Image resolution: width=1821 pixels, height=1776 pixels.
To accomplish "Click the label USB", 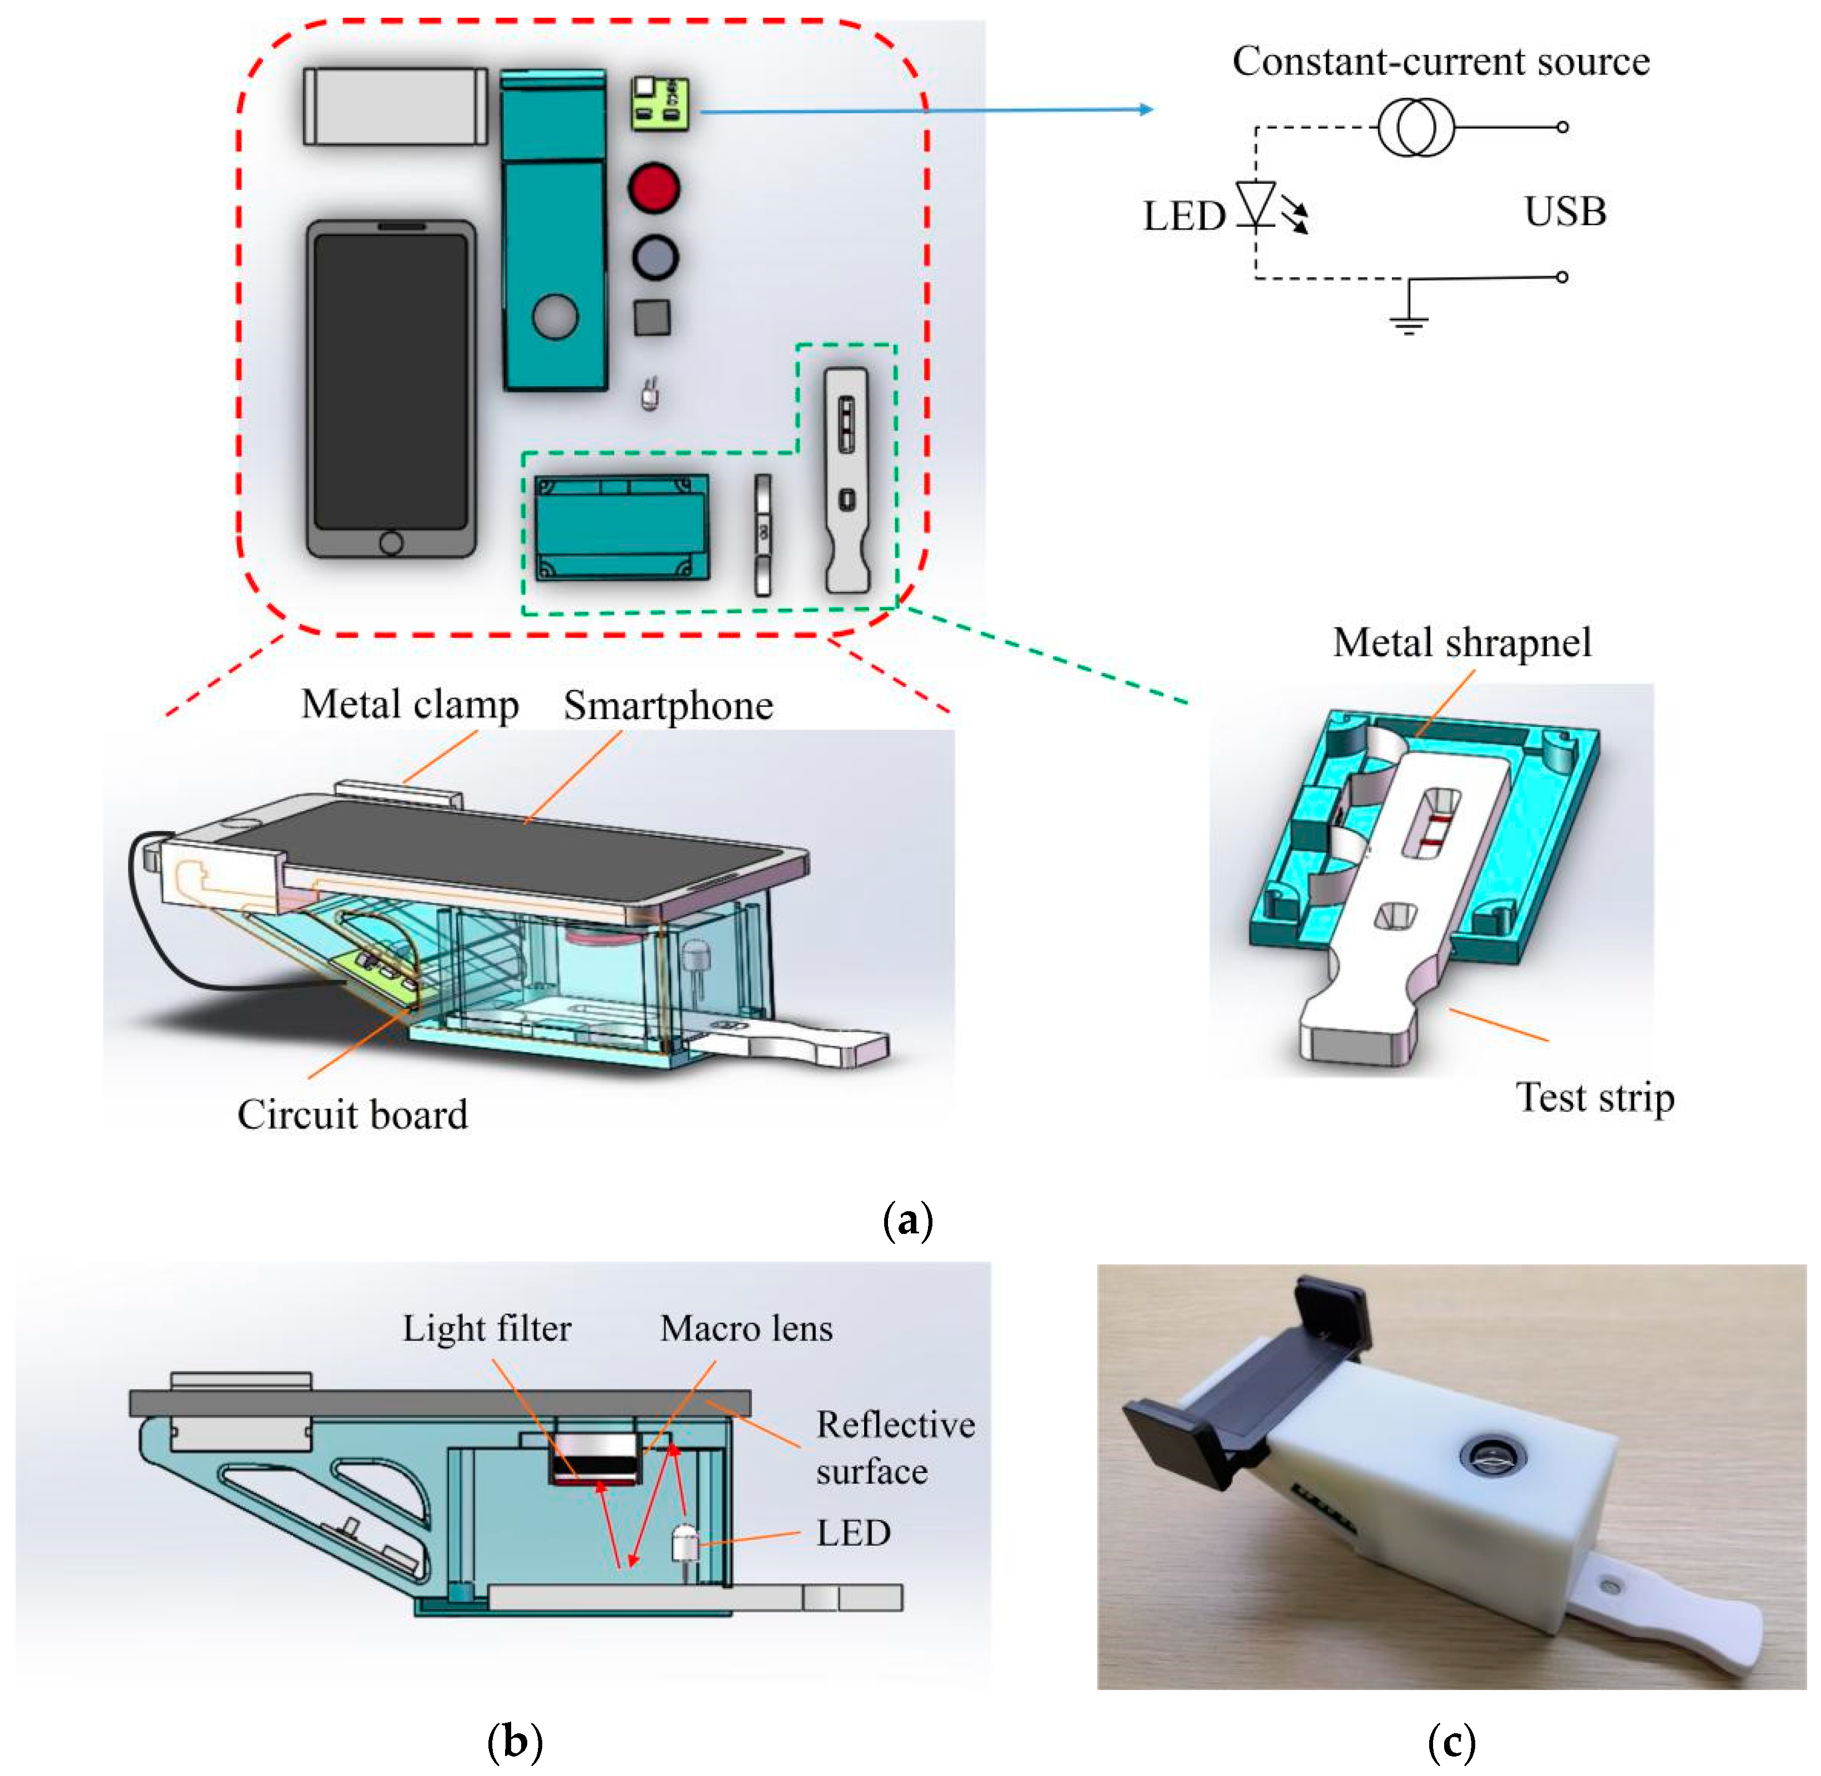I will click(x=1565, y=212).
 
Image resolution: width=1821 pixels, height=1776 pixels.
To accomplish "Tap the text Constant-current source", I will click(x=1440, y=62).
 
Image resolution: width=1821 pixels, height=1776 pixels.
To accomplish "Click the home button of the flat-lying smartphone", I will click(x=391, y=542).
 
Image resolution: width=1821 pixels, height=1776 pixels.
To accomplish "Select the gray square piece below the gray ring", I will click(x=652, y=317).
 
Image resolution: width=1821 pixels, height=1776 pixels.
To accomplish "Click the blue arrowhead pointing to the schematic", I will click(x=1147, y=109).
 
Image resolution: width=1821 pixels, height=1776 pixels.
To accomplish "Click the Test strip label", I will click(x=1595, y=1097).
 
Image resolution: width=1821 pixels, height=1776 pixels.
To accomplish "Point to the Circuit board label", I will click(x=352, y=1114).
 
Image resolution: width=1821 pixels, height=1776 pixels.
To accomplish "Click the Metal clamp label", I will click(x=410, y=704).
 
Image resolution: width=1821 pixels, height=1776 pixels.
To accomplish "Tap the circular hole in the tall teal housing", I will click(x=555, y=317).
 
